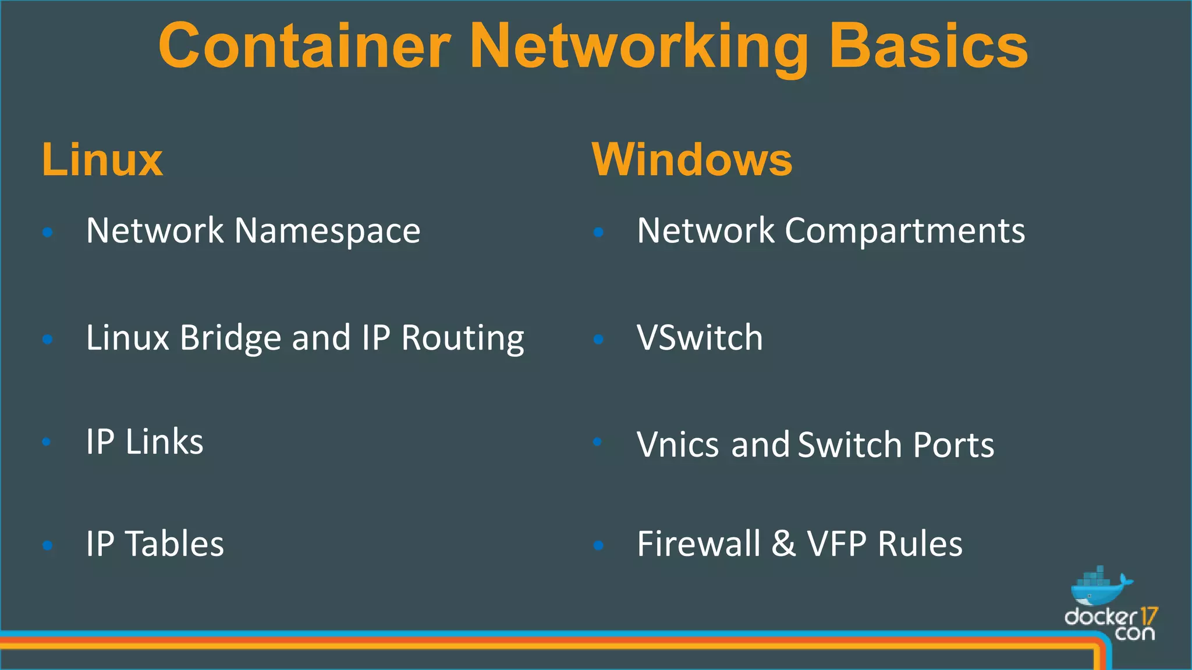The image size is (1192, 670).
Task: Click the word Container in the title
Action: coord(304,47)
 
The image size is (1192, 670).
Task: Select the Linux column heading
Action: coord(102,159)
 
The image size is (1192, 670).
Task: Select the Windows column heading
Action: coord(692,159)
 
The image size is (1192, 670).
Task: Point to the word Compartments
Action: coord(904,231)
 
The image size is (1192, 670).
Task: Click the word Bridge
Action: coord(230,338)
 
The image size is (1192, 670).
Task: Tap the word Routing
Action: coord(463,339)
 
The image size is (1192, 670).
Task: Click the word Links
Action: coord(165,441)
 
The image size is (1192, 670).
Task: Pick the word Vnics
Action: coord(677,445)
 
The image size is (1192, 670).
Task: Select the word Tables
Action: coord(175,544)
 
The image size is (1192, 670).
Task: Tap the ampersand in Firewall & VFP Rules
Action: coord(783,544)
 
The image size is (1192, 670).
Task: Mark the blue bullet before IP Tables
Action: coord(48,546)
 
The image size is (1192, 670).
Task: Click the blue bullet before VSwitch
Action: coord(598,339)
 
